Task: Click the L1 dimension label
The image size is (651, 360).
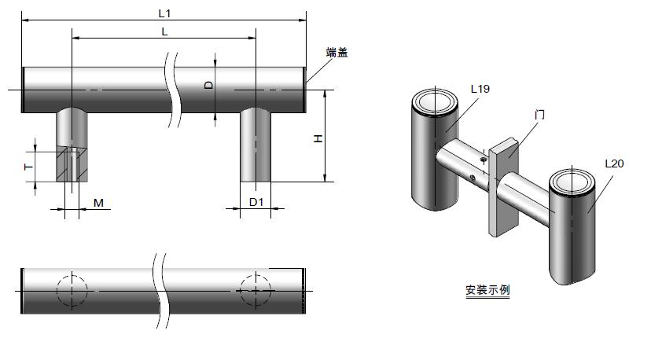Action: click(164, 13)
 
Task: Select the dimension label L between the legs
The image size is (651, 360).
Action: click(164, 31)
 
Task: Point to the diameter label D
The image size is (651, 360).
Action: click(209, 85)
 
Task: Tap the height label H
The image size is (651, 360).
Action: click(318, 138)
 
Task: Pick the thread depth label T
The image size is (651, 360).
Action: click(27, 167)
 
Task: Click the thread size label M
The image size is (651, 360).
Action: click(98, 204)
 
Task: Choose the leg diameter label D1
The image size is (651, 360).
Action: click(256, 203)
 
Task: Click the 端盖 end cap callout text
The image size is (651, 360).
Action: click(337, 53)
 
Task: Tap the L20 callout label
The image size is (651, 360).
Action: click(614, 163)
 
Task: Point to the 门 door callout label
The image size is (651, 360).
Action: click(539, 114)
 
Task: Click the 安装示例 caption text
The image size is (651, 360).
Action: click(487, 290)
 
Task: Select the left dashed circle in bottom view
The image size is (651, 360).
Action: click(72, 290)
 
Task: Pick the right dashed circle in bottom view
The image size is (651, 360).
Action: click(256, 290)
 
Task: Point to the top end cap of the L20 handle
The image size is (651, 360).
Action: click(571, 182)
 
